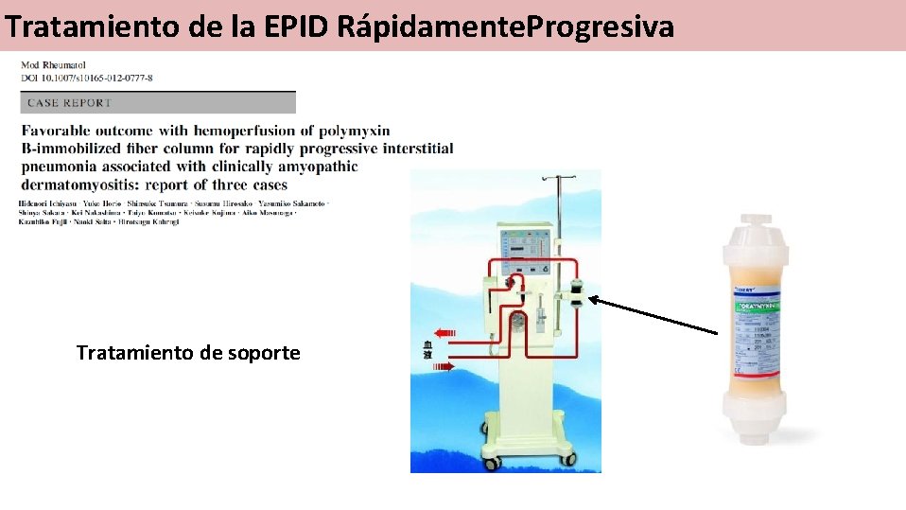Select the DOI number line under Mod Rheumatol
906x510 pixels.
(x=86, y=77)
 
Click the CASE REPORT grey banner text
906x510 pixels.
(x=70, y=102)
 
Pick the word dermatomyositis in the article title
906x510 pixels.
(x=84, y=185)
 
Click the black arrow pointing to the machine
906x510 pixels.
(x=653, y=315)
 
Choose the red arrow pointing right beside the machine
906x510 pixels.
(x=444, y=364)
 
